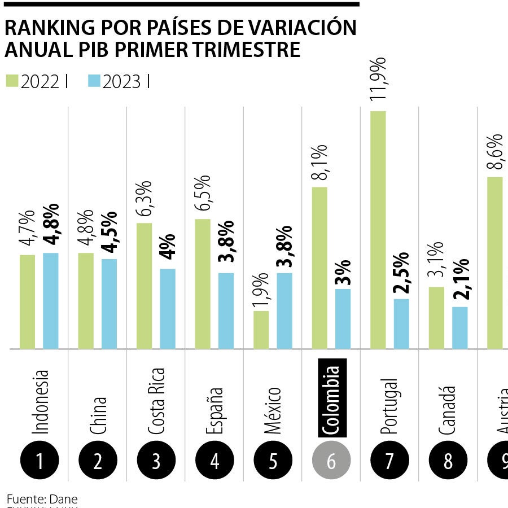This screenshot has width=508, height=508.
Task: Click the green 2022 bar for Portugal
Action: click(x=378, y=230)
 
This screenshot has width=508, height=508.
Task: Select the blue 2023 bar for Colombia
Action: click(x=343, y=319)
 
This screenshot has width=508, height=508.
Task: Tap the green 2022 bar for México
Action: click(x=261, y=330)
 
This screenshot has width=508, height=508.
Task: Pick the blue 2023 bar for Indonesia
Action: click(x=51, y=301)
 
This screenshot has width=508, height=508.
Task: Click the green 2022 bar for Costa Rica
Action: click(x=144, y=286)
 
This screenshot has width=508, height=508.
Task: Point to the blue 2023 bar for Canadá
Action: click(x=460, y=327)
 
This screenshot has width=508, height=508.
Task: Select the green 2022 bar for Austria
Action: click(x=495, y=262)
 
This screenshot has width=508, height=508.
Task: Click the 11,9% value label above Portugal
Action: click(x=378, y=79)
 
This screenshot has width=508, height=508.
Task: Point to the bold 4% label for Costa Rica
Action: click(x=168, y=245)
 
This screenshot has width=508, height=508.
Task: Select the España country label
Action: click(x=214, y=411)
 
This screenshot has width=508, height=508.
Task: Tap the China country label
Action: click(x=98, y=416)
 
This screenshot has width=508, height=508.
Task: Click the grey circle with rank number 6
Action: click(x=331, y=462)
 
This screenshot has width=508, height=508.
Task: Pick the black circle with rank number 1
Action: click(x=40, y=462)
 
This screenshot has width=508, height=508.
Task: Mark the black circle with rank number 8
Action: click(x=448, y=462)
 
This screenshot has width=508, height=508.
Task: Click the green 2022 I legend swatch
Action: click(x=12, y=81)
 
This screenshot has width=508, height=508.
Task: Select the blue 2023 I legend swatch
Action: click(x=94, y=81)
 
